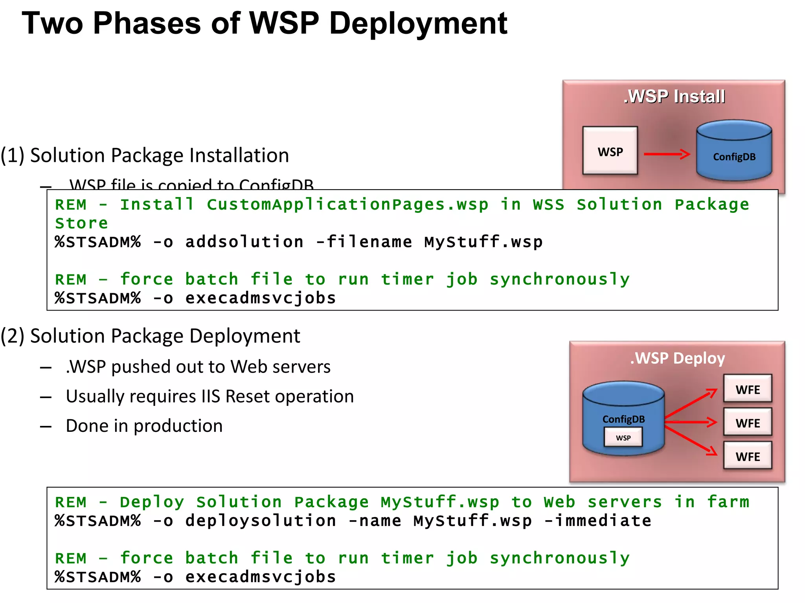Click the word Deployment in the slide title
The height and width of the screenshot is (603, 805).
[x=418, y=24]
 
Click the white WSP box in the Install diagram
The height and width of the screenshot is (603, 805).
[x=610, y=151]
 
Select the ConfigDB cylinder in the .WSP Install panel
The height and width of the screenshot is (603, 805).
[x=734, y=151]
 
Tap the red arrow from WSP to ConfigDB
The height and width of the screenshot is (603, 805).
[x=667, y=154]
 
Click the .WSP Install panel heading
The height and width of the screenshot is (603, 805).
[x=674, y=97]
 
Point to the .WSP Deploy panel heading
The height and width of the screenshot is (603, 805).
[x=677, y=358]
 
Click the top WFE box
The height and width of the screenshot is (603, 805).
[x=748, y=389]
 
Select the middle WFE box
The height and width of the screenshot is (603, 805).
[x=748, y=422]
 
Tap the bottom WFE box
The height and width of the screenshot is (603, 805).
[x=748, y=456]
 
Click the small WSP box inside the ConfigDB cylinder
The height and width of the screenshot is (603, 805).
[x=623, y=437]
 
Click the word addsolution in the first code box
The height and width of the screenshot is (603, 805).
[x=244, y=242]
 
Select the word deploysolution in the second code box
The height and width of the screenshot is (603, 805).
[x=261, y=521]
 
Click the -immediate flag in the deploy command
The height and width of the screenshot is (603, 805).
[x=598, y=521]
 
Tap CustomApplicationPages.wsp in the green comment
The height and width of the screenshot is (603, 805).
[x=347, y=205]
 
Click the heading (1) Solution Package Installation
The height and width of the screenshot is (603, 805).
[x=145, y=155]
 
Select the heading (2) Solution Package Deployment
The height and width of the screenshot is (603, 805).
[x=151, y=336]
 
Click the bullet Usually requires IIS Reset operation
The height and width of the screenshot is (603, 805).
[x=210, y=397]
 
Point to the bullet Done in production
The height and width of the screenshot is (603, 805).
[x=144, y=426]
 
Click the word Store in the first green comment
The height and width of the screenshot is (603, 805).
[x=81, y=223]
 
